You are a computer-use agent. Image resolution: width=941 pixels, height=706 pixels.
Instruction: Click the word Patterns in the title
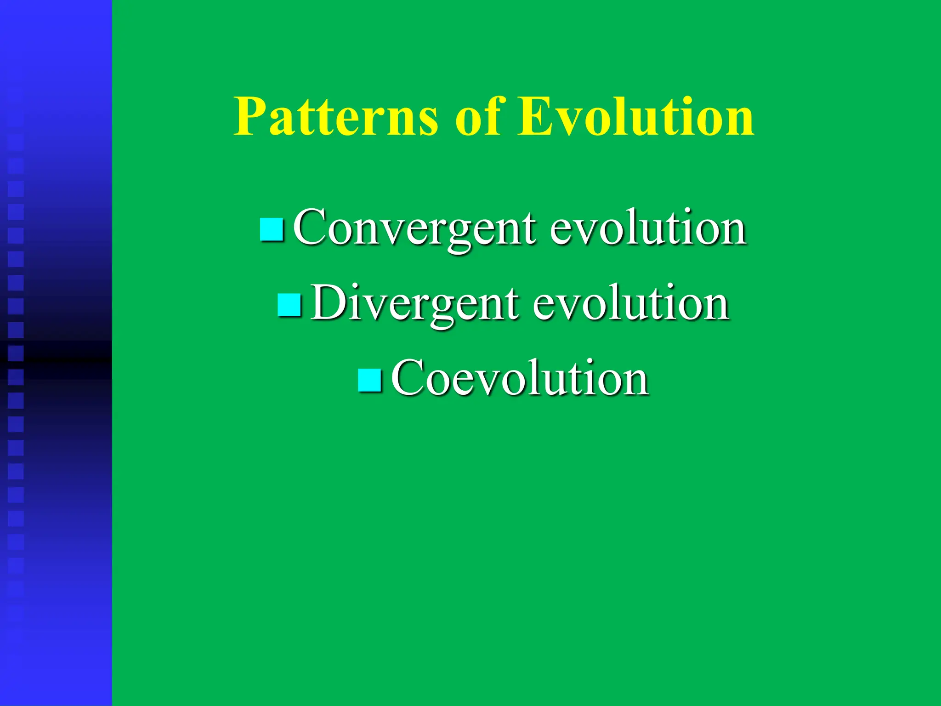click(x=336, y=117)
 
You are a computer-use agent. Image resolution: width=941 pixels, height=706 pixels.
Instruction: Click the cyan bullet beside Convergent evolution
click(x=272, y=229)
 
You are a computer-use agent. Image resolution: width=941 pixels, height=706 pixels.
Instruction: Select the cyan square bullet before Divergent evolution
click(x=289, y=305)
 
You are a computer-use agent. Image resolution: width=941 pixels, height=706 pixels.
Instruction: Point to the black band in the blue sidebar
click(x=56, y=359)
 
